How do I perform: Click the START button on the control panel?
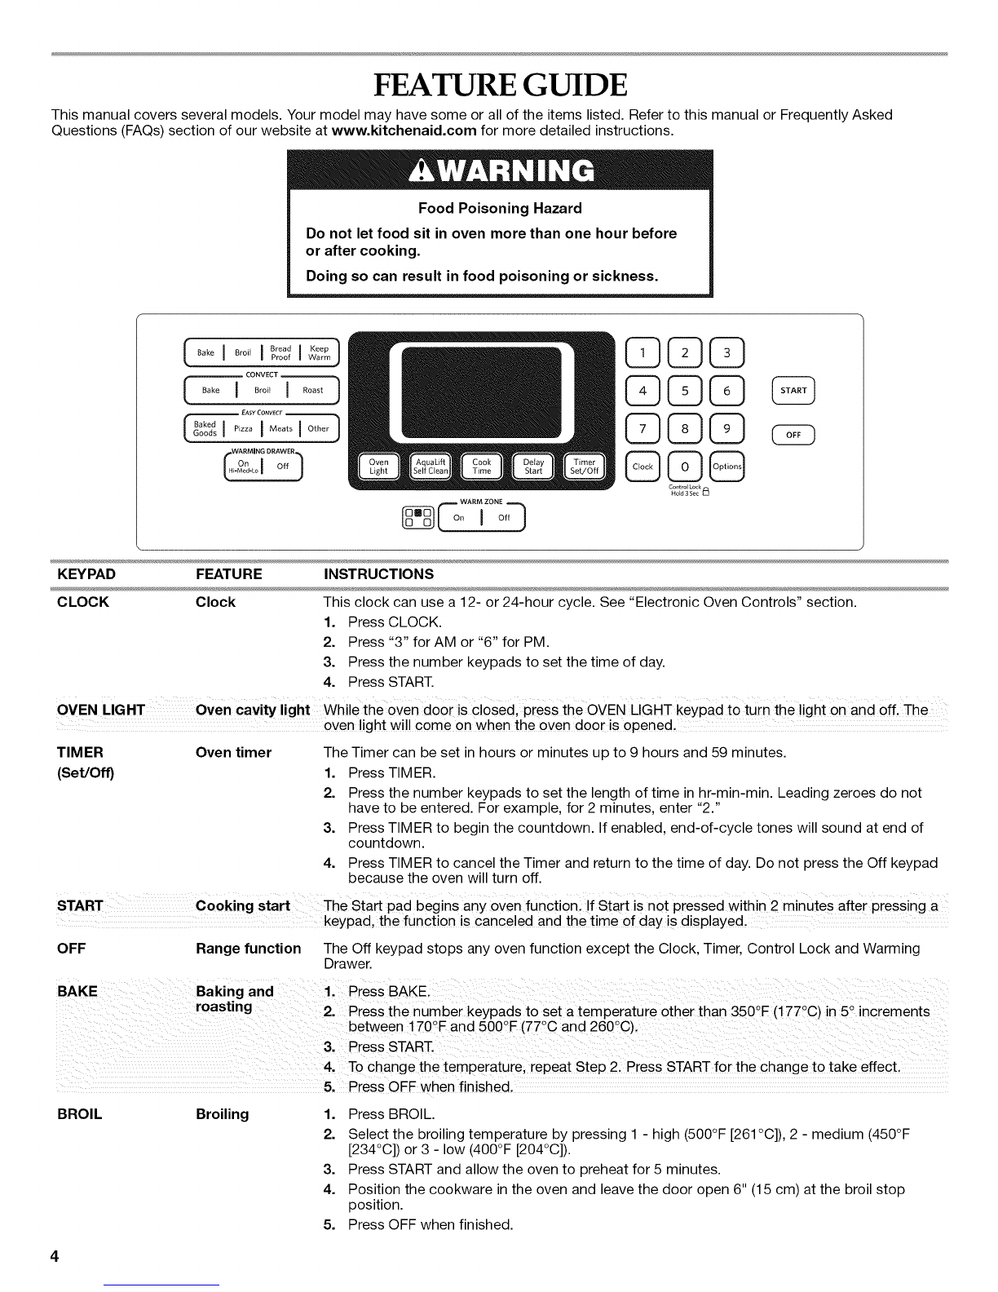(793, 391)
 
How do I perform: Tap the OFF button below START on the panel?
(793, 435)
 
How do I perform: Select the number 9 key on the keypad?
(728, 428)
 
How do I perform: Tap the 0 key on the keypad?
(685, 467)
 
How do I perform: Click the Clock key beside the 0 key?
(643, 467)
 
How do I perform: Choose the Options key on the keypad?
(727, 467)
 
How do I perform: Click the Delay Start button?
(533, 467)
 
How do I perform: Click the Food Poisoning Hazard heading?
(500, 208)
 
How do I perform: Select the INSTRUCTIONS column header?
(379, 574)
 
